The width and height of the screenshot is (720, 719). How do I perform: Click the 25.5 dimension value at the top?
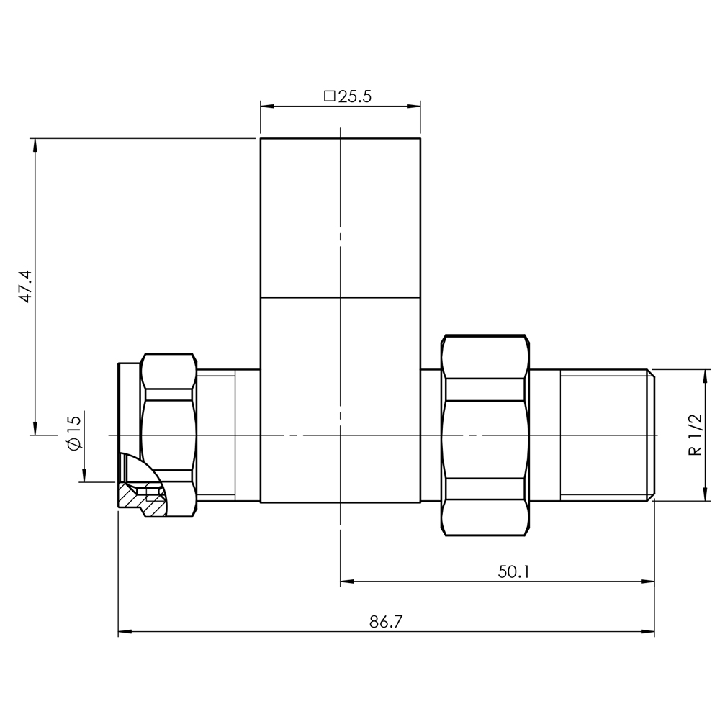click(354, 96)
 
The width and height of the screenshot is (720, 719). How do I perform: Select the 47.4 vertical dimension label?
click(25, 286)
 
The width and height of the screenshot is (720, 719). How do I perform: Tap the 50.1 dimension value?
click(513, 571)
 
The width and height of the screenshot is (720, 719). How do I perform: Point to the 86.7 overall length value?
click(386, 623)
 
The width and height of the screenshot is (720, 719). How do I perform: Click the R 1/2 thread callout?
click(695, 435)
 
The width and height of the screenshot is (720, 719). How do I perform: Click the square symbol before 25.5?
click(330, 96)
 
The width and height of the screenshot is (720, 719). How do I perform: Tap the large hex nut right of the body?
click(484, 435)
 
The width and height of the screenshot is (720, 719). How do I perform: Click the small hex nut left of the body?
click(169, 425)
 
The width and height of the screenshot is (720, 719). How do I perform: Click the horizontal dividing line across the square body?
click(340, 297)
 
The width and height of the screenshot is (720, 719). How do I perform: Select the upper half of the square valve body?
click(340, 216)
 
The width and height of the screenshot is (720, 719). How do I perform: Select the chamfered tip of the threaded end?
click(652, 435)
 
